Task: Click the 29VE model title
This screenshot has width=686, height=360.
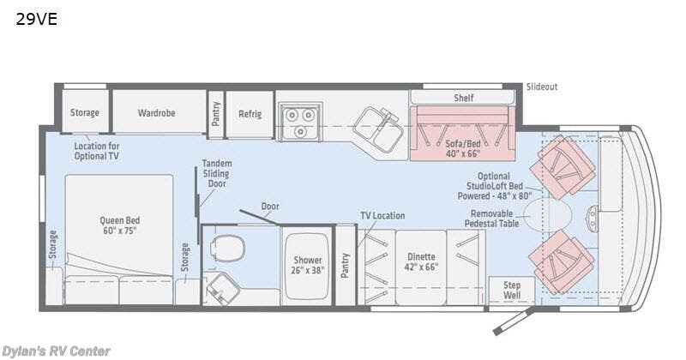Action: click(x=35, y=19)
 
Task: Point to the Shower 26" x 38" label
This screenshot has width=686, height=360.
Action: click(x=308, y=266)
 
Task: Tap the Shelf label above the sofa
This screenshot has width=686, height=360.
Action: click(x=463, y=98)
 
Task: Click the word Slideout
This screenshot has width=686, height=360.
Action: click(x=542, y=87)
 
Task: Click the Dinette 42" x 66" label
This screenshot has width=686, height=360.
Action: click(x=421, y=261)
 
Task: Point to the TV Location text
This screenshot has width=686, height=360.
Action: click(x=382, y=215)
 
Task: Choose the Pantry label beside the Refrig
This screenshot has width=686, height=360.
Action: click(x=216, y=113)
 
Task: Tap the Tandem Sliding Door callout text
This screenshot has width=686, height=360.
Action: click(x=217, y=174)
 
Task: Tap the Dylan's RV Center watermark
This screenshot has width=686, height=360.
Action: click(x=56, y=351)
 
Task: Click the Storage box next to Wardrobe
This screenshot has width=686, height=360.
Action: click(x=85, y=113)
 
